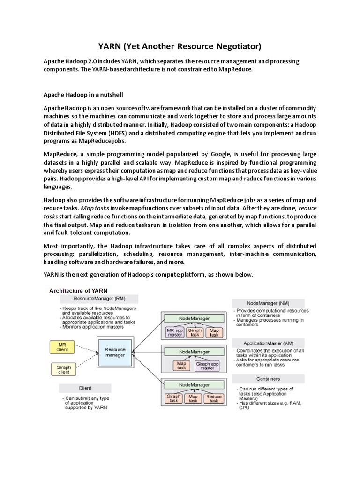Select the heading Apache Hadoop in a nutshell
coord(83,95)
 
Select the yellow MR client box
coord(62,347)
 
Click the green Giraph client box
coord(63,369)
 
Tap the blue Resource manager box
coord(115,352)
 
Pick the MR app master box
coord(174,332)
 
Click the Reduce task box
coord(214,398)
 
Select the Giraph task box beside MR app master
coord(195,332)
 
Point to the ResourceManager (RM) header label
coord(99,299)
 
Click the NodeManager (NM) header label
coord(268,303)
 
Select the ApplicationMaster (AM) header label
coord(268,343)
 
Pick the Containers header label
coord(268,379)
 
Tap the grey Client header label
coord(85,388)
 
